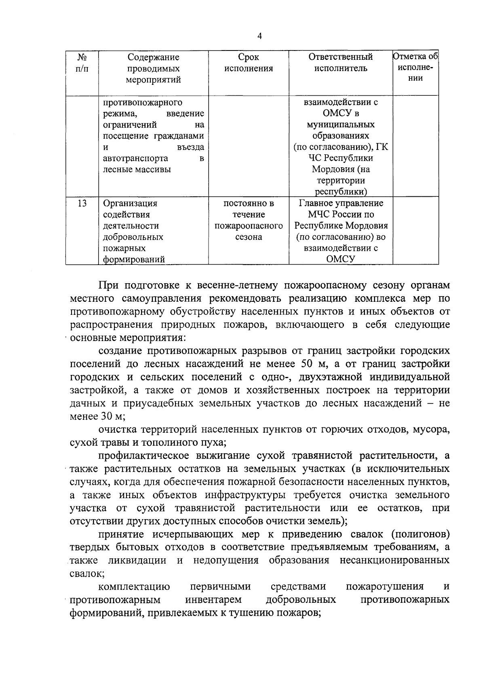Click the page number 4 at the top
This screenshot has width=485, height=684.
[x=259, y=36]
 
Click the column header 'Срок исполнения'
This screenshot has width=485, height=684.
[x=249, y=63]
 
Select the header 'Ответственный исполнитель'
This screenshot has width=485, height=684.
[x=341, y=63]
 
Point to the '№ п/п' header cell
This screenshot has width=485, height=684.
[x=82, y=63]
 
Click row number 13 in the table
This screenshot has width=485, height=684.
[x=82, y=203]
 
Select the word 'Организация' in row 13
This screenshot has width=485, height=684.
[x=130, y=203]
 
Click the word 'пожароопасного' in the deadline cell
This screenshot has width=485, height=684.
[x=249, y=226]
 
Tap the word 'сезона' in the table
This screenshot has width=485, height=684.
[x=249, y=237]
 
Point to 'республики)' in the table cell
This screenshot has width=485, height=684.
[x=341, y=192]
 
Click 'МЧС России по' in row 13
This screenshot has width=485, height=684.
[x=341, y=215]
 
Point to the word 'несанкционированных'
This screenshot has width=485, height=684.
[x=394, y=560]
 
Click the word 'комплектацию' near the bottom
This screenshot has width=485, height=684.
[x=134, y=587]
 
